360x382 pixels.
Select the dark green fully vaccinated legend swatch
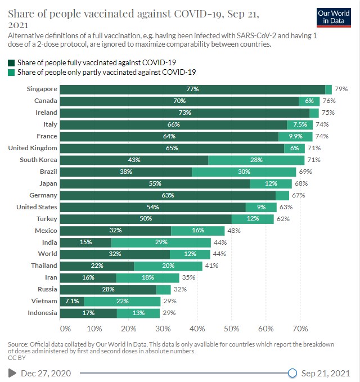11,62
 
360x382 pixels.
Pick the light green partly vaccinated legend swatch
11,72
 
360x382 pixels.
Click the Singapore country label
42,89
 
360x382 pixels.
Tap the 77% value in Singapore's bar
193,89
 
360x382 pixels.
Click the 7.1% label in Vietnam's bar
72,302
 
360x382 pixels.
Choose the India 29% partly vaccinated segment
161,242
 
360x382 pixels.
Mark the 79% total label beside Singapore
341,89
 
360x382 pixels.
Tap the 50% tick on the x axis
231,328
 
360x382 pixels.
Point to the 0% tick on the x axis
65,328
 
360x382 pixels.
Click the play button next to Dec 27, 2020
12,372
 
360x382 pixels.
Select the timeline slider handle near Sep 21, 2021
292,372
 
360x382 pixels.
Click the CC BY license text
16,358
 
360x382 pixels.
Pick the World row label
47,254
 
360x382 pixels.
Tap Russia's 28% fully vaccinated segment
108,290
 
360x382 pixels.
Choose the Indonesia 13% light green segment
138,313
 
